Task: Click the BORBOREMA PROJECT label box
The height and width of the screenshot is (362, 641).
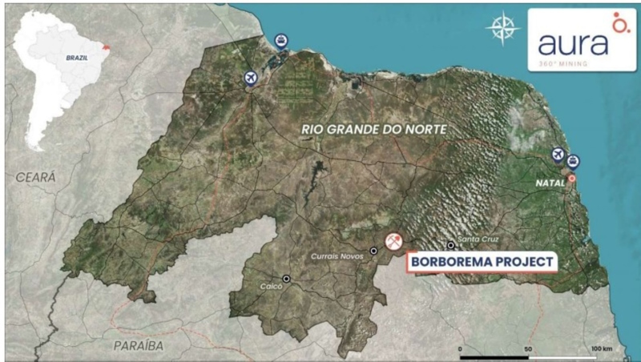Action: [482, 261]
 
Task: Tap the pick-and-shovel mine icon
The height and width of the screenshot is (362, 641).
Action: [393, 241]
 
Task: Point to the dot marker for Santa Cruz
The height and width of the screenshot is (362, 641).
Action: [451, 246]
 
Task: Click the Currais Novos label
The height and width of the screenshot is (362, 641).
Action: [337, 256]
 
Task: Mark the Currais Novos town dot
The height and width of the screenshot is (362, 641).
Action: [373, 251]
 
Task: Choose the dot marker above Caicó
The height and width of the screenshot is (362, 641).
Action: [286, 279]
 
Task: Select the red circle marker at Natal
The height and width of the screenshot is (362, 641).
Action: [572, 178]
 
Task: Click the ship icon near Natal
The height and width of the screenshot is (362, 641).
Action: [573, 161]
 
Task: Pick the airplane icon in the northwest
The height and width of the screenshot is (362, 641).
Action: [252, 78]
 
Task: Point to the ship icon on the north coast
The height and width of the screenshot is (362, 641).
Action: [280, 39]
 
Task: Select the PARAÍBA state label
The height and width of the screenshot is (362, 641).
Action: [137, 345]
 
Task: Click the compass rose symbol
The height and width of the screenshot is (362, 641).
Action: [502, 28]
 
